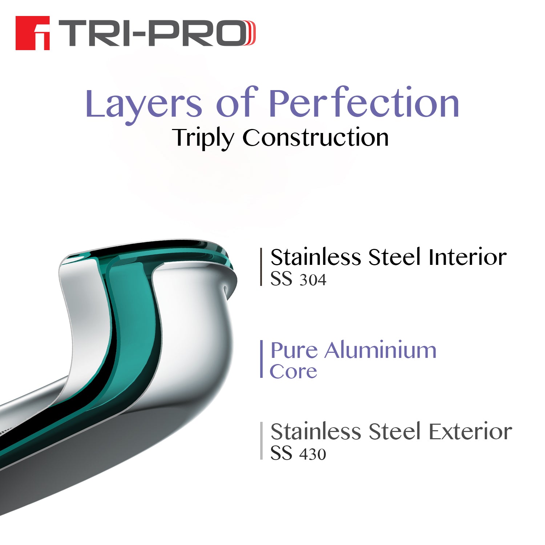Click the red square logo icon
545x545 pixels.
pyautogui.click(x=32, y=33)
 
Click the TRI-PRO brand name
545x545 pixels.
pyautogui.click(x=156, y=33)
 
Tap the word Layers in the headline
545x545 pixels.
pyautogui.click(x=144, y=104)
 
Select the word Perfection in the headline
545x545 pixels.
pyautogui.click(x=364, y=104)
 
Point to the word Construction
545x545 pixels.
pyautogui.click(x=315, y=138)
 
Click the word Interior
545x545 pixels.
pyautogui.click(x=467, y=257)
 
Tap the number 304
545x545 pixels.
pyautogui.click(x=313, y=280)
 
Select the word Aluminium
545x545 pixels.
pyautogui.click(x=380, y=351)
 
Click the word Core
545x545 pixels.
pyautogui.click(x=294, y=371)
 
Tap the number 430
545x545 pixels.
pyautogui.click(x=313, y=454)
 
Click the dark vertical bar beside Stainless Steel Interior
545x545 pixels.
pyautogui.click(x=261, y=267)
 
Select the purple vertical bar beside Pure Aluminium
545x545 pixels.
pyautogui.click(x=261, y=359)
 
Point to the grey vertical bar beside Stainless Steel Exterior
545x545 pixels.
pyautogui.click(x=261, y=441)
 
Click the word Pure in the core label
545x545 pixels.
pyautogui.click(x=294, y=351)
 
